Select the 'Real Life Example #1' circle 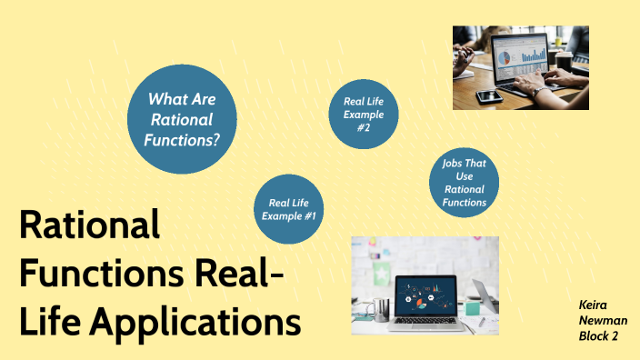pos(289,208)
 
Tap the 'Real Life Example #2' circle pos(363,115)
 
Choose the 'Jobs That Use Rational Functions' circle pos(465,183)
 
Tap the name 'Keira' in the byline pos(595,305)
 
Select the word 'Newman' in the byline pos(603,321)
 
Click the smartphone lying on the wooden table pos(488,95)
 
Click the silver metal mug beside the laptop pos(381,308)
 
